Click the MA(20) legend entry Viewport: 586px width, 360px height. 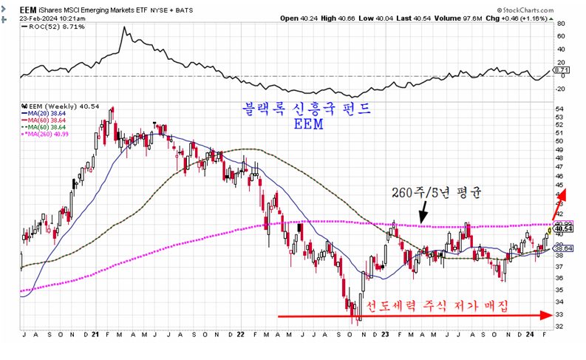tap(44, 113)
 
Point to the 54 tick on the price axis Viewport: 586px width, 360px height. tap(559, 109)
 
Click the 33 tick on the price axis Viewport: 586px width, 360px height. tap(559, 313)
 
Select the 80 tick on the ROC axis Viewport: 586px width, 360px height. tap(560, 24)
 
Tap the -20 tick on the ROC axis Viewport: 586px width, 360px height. tap(561, 89)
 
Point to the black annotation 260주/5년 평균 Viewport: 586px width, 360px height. tap(437, 194)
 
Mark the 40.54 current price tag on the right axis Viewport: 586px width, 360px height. tap(564, 229)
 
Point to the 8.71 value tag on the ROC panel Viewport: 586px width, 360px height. tap(561, 70)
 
